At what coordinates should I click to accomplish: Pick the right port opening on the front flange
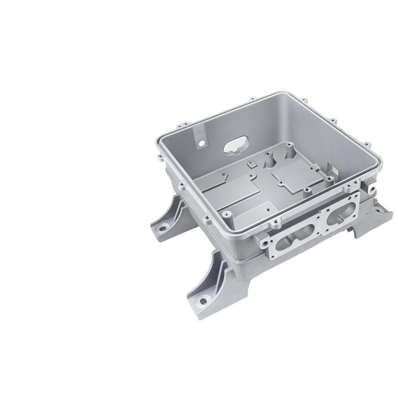tap(340, 217)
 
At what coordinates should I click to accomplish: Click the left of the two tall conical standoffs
tap(268, 158)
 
